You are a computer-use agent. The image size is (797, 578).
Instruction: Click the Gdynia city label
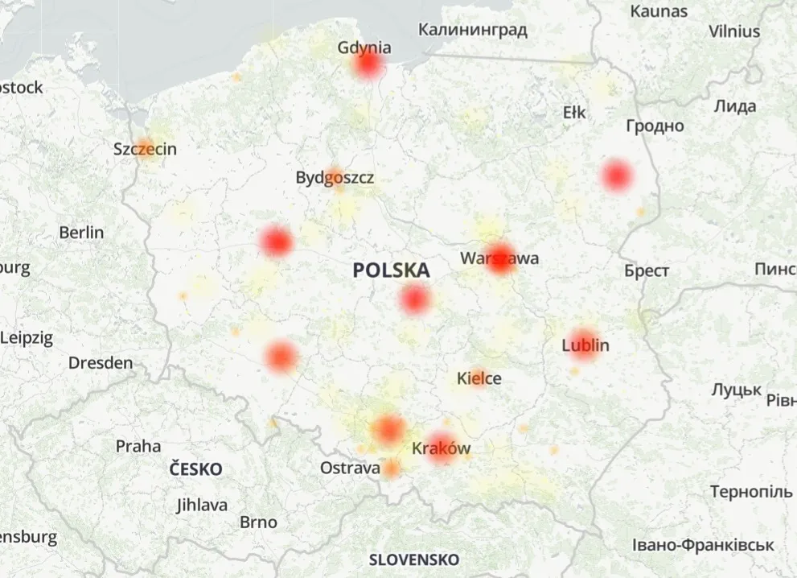tap(364, 47)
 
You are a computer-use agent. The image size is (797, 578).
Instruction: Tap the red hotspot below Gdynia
tap(368, 64)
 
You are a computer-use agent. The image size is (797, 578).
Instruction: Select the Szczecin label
tap(145, 149)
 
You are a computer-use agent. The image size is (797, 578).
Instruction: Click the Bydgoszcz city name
tap(335, 178)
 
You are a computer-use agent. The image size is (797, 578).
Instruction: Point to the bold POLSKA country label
tap(391, 271)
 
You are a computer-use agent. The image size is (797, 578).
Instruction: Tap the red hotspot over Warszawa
tap(499, 258)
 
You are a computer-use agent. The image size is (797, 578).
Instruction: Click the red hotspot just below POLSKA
tap(415, 299)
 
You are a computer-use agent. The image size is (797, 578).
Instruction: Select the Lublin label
tap(585, 345)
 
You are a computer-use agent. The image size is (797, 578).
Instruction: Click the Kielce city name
tap(479, 378)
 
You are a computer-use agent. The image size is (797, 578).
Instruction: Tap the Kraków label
tap(441, 448)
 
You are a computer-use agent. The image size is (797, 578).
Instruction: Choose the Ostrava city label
tap(350, 468)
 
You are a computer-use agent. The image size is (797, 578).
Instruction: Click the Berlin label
tap(81, 233)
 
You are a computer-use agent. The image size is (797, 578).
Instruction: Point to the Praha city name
tap(138, 446)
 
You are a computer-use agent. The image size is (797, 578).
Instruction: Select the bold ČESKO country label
tap(196, 469)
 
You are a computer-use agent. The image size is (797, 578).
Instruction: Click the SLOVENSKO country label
tap(414, 559)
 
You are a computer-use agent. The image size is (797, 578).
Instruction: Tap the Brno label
tap(258, 522)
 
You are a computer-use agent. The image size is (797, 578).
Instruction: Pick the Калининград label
tap(473, 31)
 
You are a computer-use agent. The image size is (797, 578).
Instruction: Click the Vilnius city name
tap(733, 32)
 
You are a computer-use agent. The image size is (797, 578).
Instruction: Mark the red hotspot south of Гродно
tap(617, 175)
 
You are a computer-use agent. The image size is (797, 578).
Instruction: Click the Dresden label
tap(101, 363)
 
